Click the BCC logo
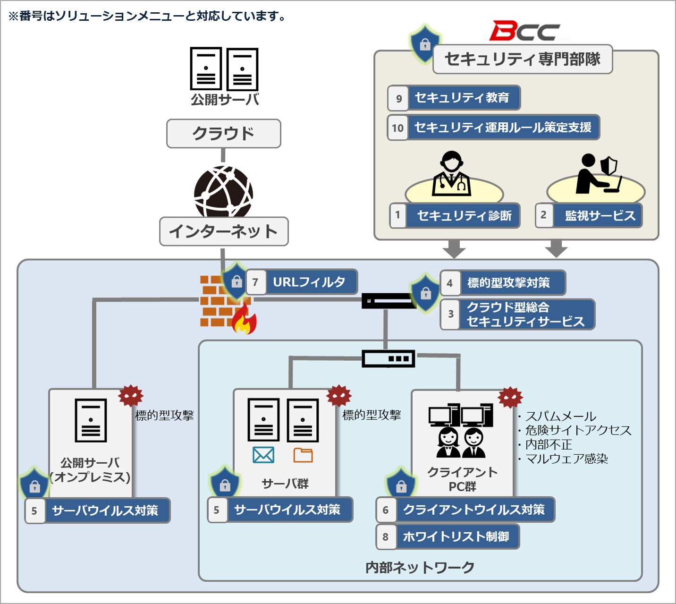[524, 31]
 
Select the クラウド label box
[223, 134]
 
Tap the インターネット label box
[224, 231]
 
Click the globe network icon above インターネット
[223, 191]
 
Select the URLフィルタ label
[309, 282]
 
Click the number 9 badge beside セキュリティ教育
[398, 98]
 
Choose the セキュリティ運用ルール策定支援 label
[503, 128]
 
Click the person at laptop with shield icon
[597, 174]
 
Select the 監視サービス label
[600, 216]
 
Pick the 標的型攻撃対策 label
[509, 283]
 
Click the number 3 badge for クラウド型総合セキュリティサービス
[450, 314]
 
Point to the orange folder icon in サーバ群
[303, 455]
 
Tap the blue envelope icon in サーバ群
[263, 455]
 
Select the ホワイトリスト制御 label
[456, 536]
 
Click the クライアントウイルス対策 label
[473, 510]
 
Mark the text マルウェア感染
[566, 459]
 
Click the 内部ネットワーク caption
[420, 567]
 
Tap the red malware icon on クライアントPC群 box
[510, 398]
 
